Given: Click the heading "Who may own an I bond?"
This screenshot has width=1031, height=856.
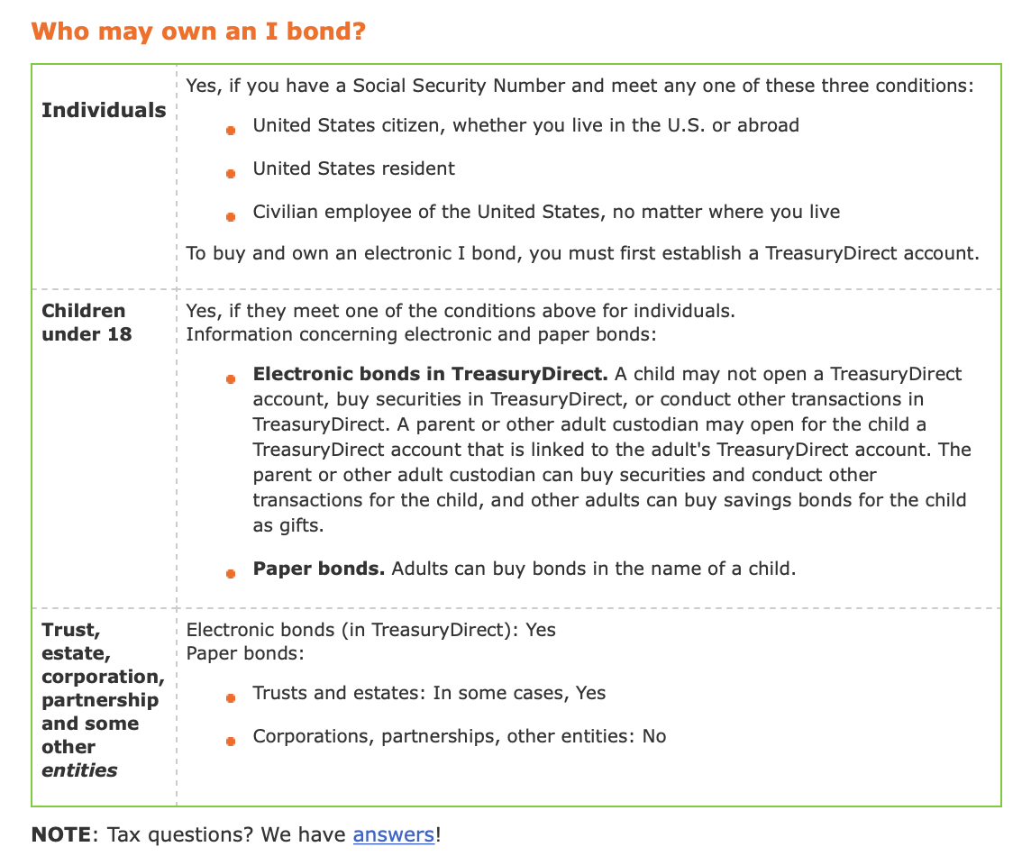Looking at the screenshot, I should [x=198, y=32].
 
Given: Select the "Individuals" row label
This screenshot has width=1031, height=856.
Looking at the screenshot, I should [x=104, y=110].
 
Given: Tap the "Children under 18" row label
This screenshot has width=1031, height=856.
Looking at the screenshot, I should [x=87, y=323].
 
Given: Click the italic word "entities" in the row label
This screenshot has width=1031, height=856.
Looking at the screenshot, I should [x=79, y=769].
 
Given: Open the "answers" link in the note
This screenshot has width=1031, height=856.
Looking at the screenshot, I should [x=394, y=834].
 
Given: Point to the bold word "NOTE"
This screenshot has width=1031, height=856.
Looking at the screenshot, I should [x=60, y=834].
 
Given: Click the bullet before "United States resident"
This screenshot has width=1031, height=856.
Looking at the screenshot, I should [x=231, y=173].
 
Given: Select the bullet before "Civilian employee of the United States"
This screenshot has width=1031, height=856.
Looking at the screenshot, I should [x=231, y=216].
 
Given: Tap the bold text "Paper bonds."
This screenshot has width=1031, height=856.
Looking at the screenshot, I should [x=319, y=569].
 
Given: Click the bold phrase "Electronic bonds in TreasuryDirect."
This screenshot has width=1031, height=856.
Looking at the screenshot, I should [x=431, y=373].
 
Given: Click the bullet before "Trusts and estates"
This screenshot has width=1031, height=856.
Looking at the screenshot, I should [x=231, y=697].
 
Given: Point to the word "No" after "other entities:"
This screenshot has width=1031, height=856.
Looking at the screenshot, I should [x=654, y=736].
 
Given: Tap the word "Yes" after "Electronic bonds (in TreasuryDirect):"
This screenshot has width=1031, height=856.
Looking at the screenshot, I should [x=541, y=630].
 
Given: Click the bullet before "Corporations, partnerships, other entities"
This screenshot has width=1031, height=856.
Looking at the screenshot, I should [x=231, y=741].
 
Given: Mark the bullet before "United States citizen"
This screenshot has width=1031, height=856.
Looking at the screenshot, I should [x=231, y=130].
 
